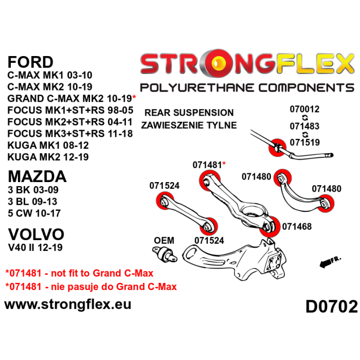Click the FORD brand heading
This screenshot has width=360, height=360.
pos(30,62)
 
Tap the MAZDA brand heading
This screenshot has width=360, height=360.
pos(37,176)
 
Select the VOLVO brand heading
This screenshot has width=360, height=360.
pos(36,235)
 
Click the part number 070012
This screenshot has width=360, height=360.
pos(304,109)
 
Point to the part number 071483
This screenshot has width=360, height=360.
pos(304,126)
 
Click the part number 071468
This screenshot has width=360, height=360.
pos(297,226)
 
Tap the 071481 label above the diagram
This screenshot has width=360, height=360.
pos(208,165)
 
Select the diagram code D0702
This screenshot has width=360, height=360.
pos(331,307)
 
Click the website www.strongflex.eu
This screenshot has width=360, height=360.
pos(67,304)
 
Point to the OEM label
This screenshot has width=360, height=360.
pos(164,240)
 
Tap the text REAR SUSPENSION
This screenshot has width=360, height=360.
pos(189,113)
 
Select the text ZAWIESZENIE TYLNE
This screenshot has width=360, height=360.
pos(189,125)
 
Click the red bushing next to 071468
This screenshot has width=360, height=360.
pos(268,227)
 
